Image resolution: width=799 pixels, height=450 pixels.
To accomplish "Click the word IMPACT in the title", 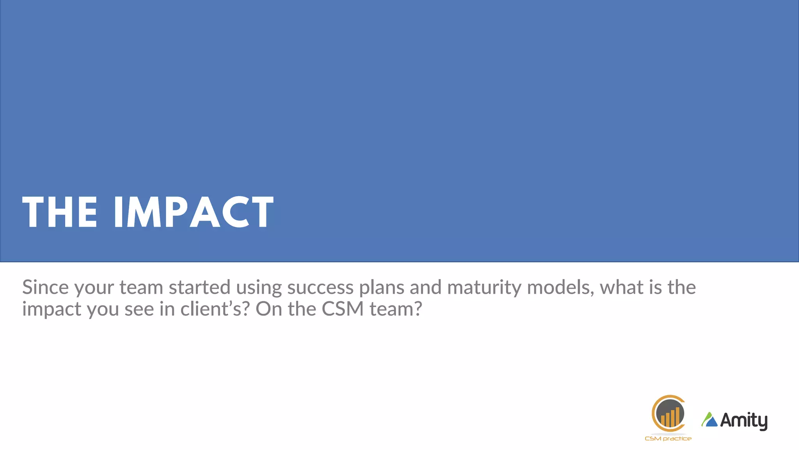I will [194, 212].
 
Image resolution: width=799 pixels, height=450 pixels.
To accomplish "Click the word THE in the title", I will [60, 212].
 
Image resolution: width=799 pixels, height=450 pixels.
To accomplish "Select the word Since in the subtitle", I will [45, 287].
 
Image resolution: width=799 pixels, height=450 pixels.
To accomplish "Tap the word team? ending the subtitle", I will [396, 309].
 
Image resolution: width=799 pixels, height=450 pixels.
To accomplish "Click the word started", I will [199, 287].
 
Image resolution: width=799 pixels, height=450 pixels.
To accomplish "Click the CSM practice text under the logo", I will [668, 439].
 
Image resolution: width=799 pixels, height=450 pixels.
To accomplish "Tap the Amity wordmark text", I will [743, 421].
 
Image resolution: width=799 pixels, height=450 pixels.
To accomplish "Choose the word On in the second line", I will [268, 309].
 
